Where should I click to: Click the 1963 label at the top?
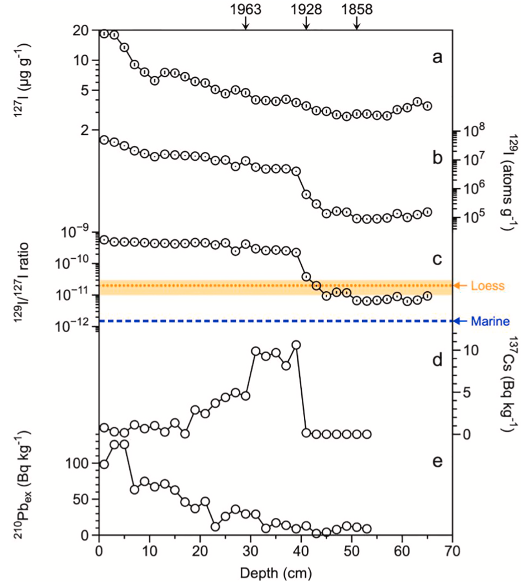(x=246, y=9)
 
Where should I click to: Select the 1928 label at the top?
(x=306, y=9)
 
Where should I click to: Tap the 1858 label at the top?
(x=356, y=9)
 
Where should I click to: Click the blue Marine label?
(x=486, y=321)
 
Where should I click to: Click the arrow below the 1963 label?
(x=246, y=24)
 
